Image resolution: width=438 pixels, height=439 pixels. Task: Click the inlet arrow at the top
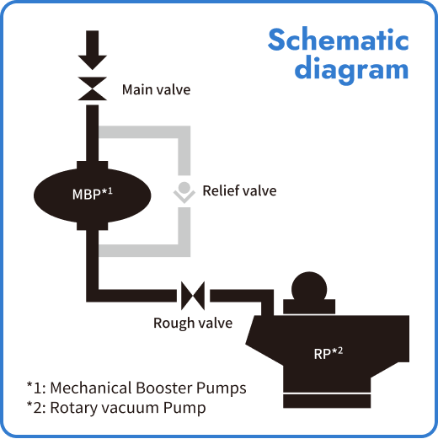(x=92, y=51)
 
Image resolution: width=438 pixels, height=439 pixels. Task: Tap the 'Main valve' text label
(x=156, y=89)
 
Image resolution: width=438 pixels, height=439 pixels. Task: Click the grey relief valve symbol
(x=183, y=192)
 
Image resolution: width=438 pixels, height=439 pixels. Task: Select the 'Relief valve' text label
(x=239, y=191)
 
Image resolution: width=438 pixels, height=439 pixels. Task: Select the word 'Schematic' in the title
(x=338, y=40)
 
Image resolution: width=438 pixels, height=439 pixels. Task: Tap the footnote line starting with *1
(x=136, y=388)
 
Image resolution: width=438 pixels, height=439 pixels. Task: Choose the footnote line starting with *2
(x=115, y=408)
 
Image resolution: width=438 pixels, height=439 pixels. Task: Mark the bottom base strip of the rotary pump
(x=328, y=395)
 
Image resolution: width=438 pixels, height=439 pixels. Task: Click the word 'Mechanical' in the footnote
(x=92, y=388)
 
